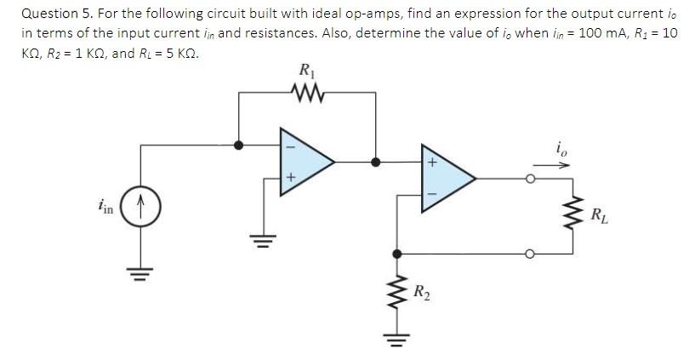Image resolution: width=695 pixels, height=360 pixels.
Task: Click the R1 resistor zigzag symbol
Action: (303, 89)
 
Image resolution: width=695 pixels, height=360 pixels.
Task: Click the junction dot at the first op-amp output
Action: (376, 159)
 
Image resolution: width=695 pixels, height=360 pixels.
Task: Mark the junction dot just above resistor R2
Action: (396, 253)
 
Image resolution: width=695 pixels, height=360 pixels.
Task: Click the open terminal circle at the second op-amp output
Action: (529, 179)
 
